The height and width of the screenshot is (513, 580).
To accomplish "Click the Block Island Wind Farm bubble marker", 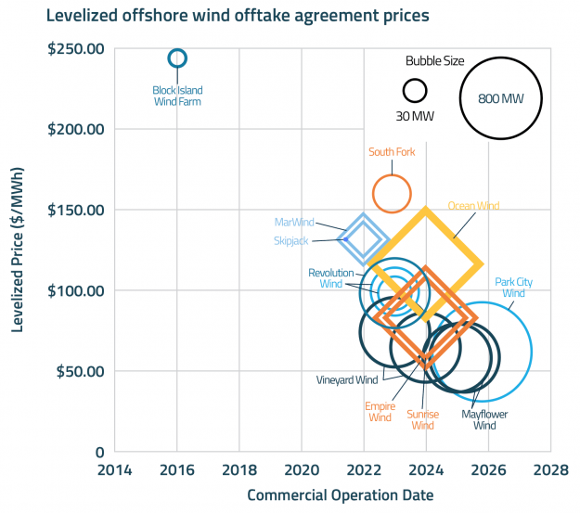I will tap(177, 58).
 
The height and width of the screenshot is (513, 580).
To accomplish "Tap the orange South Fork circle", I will tap(392, 193).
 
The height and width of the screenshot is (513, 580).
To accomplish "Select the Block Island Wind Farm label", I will tap(177, 96).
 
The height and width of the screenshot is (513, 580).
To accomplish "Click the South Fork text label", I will tap(392, 152).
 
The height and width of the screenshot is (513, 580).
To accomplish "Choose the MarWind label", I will tap(295, 223).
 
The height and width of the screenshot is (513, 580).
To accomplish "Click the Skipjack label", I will tap(290, 240).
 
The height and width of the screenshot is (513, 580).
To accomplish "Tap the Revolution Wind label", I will tap(331, 278).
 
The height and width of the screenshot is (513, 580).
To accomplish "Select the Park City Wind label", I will tap(520, 287).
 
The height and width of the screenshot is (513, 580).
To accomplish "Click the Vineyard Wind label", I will tap(347, 380).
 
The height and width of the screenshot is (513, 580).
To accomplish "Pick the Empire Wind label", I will tap(380, 412).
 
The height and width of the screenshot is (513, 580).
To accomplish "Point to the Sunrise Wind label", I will tap(422, 419).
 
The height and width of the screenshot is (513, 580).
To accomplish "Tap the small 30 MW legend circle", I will tap(415, 90).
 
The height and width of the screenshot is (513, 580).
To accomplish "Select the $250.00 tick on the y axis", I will tap(75, 48).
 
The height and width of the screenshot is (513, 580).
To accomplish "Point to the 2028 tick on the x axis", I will tap(551, 470).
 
